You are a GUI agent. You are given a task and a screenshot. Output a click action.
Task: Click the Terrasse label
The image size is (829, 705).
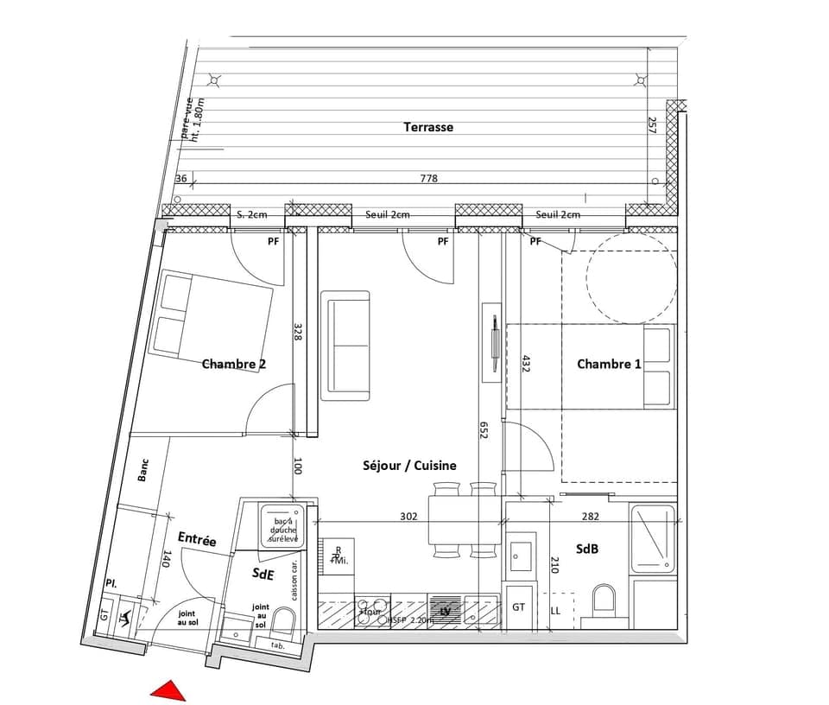click(x=428, y=127)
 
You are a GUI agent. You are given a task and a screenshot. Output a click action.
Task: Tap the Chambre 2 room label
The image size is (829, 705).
click(x=233, y=364)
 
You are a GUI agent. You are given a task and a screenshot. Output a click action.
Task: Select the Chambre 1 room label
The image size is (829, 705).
click(x=609, y=364)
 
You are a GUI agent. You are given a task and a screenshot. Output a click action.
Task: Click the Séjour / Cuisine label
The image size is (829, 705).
click(x=409, y=465)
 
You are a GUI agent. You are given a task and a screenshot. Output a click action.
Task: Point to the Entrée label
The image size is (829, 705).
click(x=197, y=539)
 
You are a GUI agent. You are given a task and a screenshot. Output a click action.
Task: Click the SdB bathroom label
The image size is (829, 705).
click(x=589, y=549)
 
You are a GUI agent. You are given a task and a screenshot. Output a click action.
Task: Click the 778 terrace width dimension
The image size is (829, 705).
click(x=429, y=179)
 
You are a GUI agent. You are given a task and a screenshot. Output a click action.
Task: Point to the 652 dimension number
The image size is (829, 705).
click(x=484, y=429)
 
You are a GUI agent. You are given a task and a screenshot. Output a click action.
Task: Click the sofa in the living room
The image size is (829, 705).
click(x=345, y=346)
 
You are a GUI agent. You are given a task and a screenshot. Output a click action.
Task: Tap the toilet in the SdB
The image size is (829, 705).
click(x=604, y=600)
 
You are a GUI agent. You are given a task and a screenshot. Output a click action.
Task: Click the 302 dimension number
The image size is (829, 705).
click(x=408, y=517)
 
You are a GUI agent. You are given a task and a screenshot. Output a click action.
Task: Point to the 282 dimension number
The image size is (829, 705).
click(x=589, y=517)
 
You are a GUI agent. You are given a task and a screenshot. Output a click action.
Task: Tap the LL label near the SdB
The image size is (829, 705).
click(x=555, y=611)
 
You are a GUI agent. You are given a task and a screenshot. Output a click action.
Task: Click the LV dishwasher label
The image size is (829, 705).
click(x=446, y=612)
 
